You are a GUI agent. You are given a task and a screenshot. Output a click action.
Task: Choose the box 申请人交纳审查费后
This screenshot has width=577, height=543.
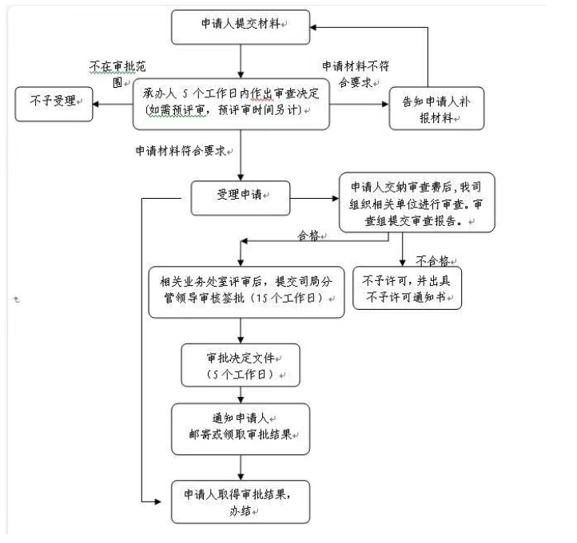[x=416, y=202]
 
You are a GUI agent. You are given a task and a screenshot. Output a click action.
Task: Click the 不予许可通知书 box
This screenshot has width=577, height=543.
[x=408, y=289]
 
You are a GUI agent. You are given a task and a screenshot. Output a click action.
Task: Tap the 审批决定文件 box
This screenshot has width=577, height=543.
[x=240, y=364]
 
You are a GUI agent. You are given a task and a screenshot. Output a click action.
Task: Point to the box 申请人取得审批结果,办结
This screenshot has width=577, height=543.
[x=241, y=501]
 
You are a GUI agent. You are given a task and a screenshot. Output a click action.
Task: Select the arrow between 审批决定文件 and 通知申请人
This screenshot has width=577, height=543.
[x=240, y=394]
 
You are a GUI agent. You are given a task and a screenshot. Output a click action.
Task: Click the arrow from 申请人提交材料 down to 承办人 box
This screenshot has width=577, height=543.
[x=240, y=61]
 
